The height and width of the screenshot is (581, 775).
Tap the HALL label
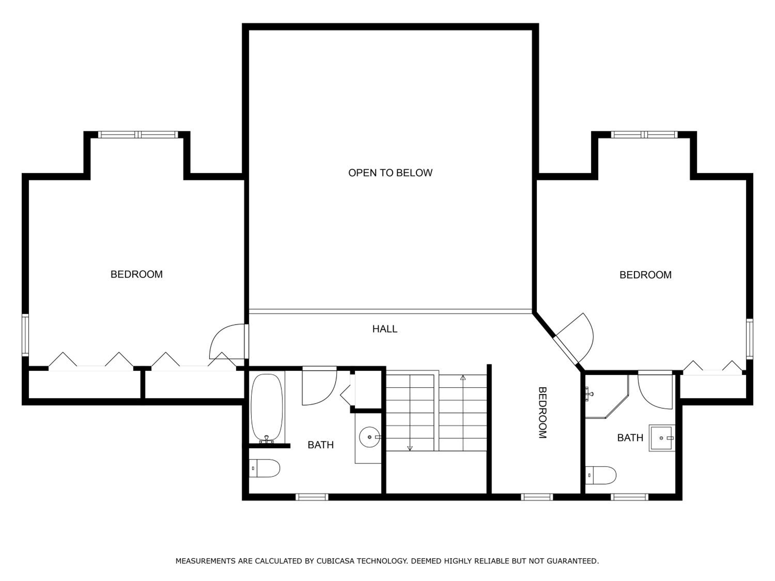pyautogui.click(x=385, y=329)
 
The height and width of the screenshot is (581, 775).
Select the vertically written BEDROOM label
pyautogui.click(x=542, y=413)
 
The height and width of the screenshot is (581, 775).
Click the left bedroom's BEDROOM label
pyautogui.click(x=137, y=274)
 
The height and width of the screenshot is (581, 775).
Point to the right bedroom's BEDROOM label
pyautogui.click(x=645, y=275)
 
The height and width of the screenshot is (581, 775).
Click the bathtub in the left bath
pyautogui.click(x=267, y=408)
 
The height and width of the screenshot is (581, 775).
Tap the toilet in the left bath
pyautogui.click(x=265, y=468)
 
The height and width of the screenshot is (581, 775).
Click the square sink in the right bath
pyautogui.click(x=662, y=438)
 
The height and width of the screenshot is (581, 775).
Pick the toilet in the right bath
pyautogui.click(x=601, y=475)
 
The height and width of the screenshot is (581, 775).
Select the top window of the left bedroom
pyautogui.click(x=138, y=135)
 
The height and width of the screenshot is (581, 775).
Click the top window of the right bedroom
pyautogui.click(x=644, y=135)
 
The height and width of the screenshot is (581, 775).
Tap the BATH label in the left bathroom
pyautogui.click(x=321, y=445)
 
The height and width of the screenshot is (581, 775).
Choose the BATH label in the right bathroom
pyautogui.click(x=630, y=438)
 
